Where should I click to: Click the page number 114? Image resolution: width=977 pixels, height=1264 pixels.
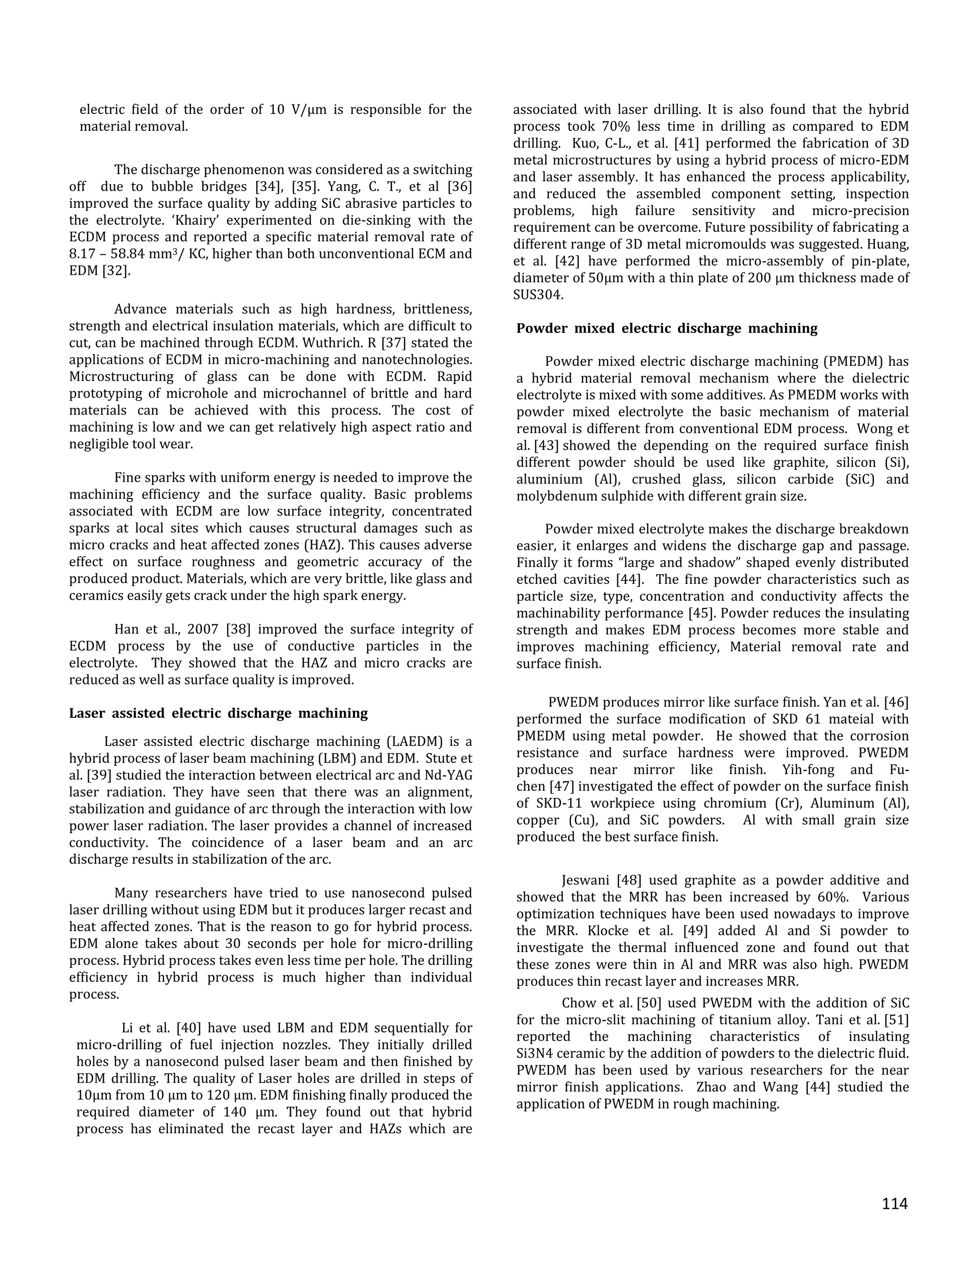click(x=894, y=1203)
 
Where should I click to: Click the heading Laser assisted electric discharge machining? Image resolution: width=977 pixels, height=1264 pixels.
click(x=218, y=713)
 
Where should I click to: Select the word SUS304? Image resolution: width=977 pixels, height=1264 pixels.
click(x=538, y=295)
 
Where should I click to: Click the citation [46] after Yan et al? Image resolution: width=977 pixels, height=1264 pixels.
click(x=896, y=702)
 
